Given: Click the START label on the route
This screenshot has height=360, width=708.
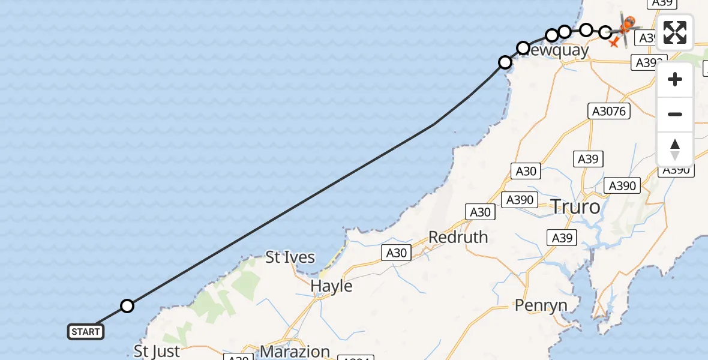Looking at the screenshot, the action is pos(86,331).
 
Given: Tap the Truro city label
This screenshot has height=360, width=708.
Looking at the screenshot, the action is pos(575,207).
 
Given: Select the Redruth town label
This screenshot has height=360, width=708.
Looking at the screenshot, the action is pos(458,237).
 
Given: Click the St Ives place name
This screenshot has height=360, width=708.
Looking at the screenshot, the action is pos(290,257).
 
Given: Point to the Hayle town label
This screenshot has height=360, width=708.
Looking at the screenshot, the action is pos(331,286).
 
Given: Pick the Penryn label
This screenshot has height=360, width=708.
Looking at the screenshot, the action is pos(541,305).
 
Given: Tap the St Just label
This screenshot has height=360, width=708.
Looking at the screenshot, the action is pos(157,351).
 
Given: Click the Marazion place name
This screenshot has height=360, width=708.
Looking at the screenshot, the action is pos(295,352).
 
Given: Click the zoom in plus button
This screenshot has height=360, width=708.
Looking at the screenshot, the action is pos(675,79).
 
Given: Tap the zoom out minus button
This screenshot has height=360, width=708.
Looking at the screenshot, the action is pos(675,114).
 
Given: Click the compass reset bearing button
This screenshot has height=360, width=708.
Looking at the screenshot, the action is pos(675,149).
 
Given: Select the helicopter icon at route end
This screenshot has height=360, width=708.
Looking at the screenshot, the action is pos(626,26).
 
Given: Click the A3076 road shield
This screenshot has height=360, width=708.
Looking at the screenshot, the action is pos(608,111).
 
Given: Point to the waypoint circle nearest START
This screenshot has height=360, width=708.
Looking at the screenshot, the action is pos(127,306).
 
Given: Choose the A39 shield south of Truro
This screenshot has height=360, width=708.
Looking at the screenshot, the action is pos(562,238).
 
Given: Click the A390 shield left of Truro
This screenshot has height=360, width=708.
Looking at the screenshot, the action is pos(520,200).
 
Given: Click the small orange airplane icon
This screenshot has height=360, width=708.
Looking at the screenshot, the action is pos(613,43).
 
